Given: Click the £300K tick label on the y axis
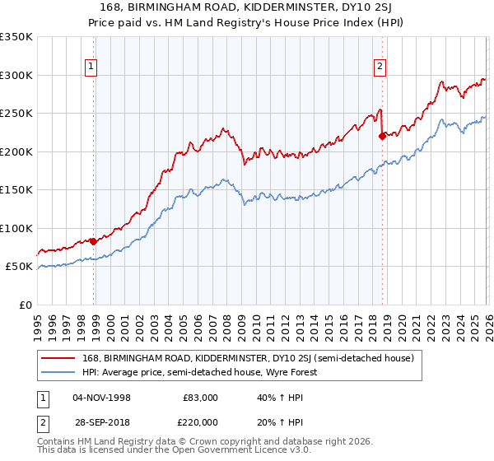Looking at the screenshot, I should (16, 75).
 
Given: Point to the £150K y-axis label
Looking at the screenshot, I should (16, 190).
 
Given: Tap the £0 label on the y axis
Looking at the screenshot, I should (26, 305).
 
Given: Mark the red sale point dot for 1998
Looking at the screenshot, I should (93, 241).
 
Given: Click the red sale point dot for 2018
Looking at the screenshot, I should (382, 136).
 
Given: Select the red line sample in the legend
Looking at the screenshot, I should (59, 358).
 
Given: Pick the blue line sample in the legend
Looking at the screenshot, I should (59, 372).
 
